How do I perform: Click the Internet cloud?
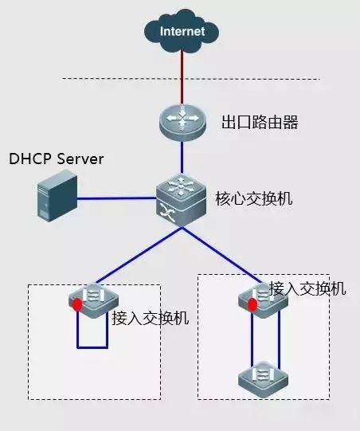182,32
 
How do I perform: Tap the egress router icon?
182,122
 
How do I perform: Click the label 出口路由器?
253,124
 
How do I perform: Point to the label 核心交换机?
254,198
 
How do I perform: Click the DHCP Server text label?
57,159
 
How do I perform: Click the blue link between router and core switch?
182,159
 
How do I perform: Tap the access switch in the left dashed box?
93,299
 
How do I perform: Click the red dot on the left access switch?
77,304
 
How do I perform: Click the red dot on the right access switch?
252,304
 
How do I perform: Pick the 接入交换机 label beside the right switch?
307,288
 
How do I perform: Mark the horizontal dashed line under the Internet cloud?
191,79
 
